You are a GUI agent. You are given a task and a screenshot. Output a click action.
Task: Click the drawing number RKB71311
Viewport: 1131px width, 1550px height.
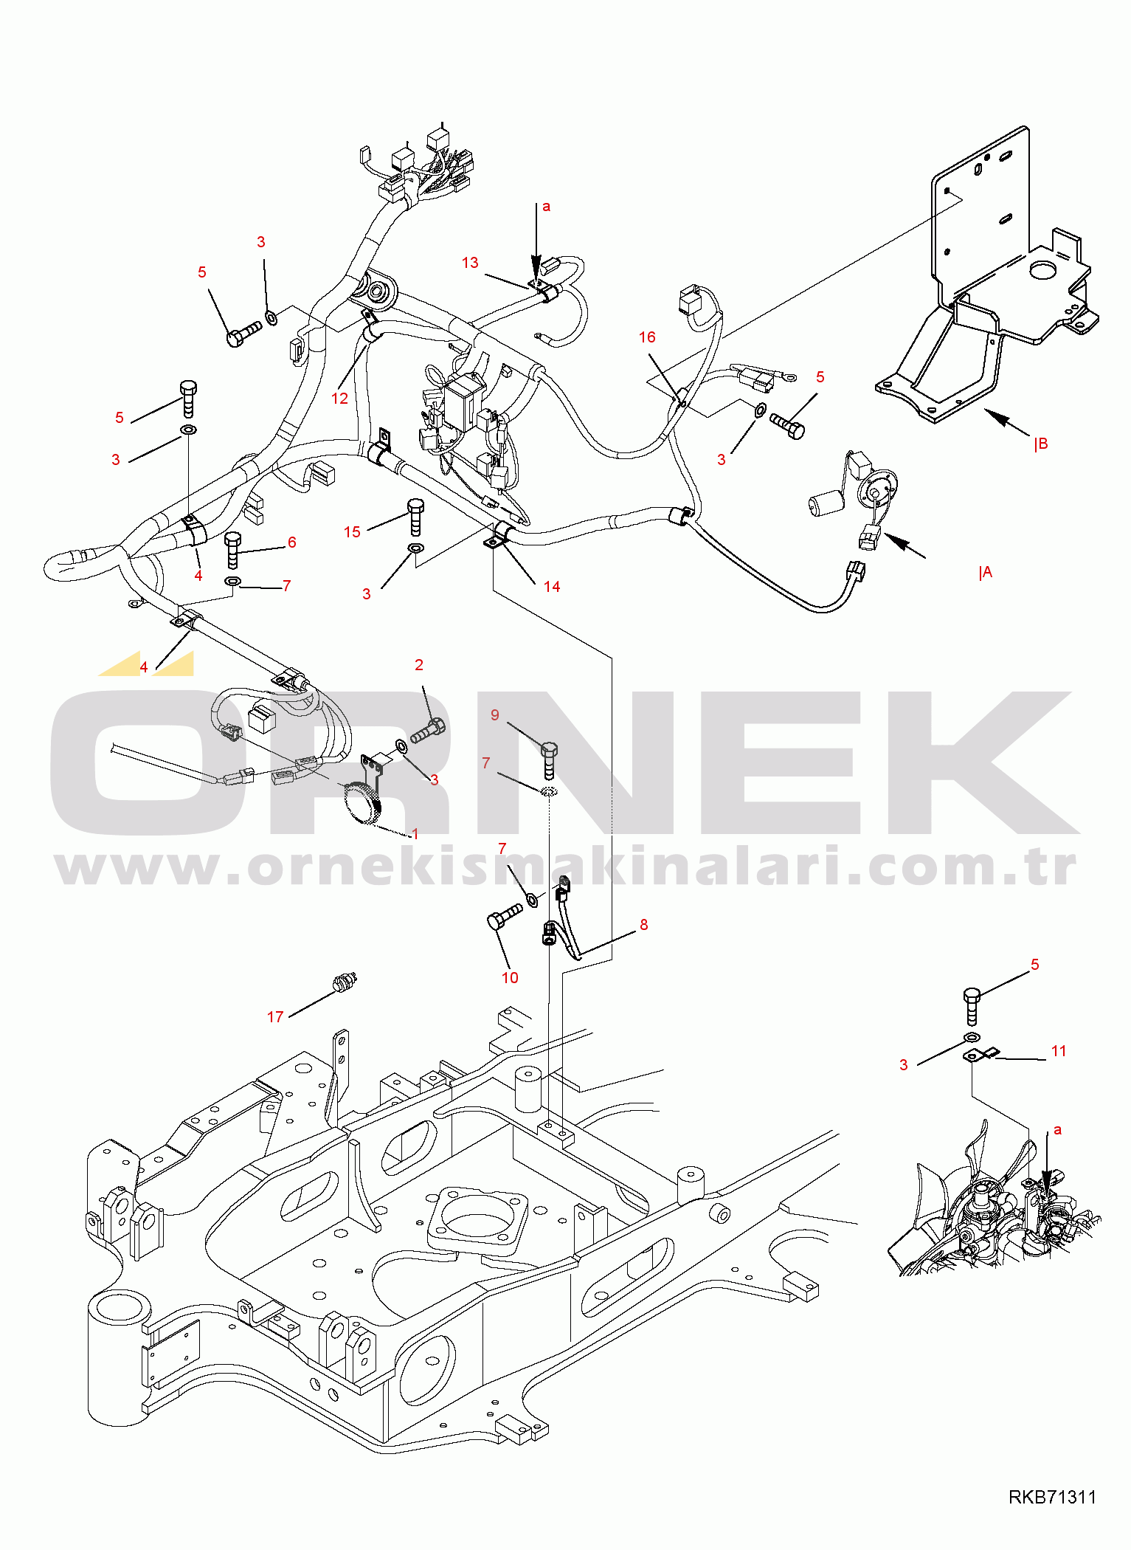coord(1052,1497)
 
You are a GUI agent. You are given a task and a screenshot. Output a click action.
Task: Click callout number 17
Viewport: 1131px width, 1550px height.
coord(275,1017)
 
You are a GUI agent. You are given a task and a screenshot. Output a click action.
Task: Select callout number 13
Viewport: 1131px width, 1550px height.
coord(470,263)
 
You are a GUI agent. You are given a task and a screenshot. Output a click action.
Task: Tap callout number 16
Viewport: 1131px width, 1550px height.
coord(647,337)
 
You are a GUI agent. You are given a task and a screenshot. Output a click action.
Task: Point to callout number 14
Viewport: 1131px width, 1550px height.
coord(552,587)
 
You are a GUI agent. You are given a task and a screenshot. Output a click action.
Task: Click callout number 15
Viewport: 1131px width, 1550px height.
coord(352,532)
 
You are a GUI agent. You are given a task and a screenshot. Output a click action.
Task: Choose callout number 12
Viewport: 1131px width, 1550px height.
coord(339,399)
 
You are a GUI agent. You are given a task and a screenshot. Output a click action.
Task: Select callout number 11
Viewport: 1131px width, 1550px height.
coord(1059,1051)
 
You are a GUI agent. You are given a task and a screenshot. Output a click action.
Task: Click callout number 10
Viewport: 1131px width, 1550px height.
coord(510,978)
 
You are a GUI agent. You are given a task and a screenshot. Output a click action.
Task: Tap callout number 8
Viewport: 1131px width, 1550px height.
coord(644,925)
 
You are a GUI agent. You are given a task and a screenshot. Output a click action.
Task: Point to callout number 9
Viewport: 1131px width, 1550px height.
coord(495,715)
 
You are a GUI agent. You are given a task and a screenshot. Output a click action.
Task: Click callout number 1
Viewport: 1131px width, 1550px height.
coord(415,834)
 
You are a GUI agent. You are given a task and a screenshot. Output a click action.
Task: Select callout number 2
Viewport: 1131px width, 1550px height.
coord(419,665)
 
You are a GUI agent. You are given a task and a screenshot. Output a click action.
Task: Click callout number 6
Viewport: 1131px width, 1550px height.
coord(292,542)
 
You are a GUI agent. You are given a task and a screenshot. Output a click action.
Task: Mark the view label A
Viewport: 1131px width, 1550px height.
coord(986,573)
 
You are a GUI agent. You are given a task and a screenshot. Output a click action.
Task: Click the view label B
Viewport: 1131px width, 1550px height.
coord(1041,444)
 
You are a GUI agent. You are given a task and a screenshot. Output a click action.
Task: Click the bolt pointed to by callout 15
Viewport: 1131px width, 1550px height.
coord(415,517)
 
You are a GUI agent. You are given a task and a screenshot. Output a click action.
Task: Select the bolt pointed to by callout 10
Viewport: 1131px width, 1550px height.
coord(505,917)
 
